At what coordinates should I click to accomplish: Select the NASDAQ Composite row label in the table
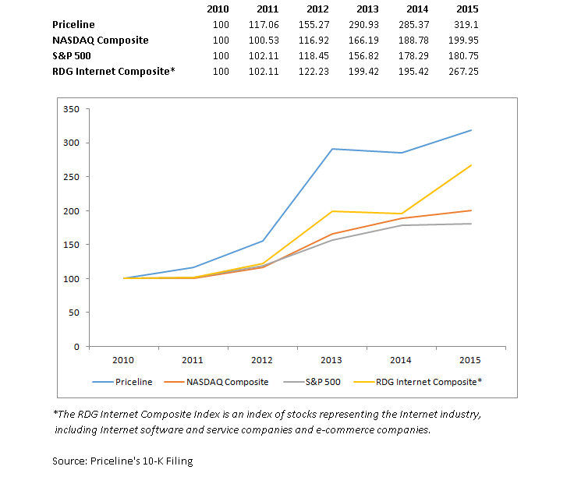click(100, 41)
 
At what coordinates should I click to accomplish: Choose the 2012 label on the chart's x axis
click(262, 360)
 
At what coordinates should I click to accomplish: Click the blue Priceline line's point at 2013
click(332, 149)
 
